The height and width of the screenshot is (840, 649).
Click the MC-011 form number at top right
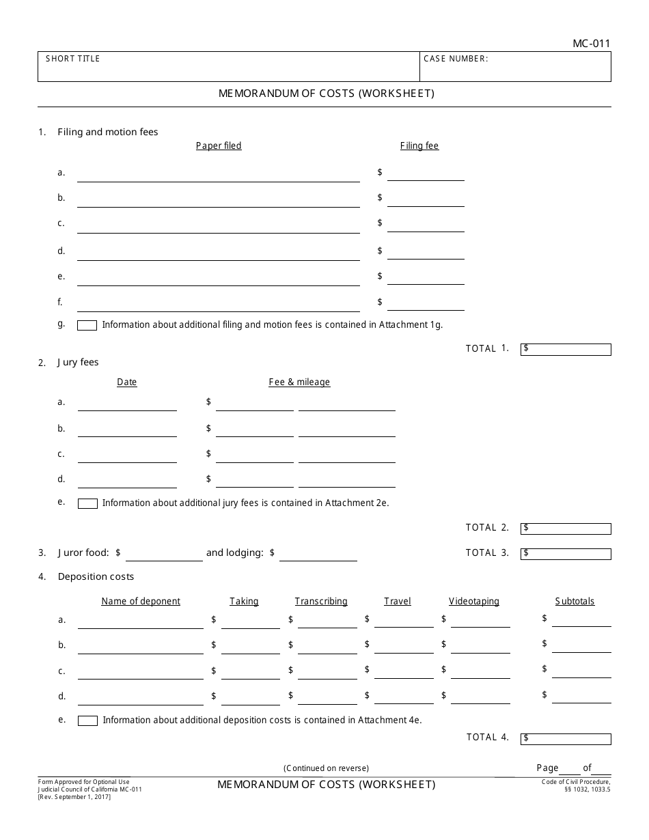point(591,44)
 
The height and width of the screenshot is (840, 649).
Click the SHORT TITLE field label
point(72,59)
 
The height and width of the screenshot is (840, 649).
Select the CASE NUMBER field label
point(456,59)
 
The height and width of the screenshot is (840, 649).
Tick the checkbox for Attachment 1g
point(87,326)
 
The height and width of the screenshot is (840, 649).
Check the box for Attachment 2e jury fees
point(87,504)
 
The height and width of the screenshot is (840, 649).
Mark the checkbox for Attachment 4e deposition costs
point(87,720)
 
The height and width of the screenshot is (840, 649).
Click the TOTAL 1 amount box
point(566,350)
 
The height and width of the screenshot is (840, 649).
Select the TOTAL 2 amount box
point(566,529)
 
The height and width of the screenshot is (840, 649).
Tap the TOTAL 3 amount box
point(566,553)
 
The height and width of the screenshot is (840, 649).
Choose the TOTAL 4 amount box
point(566,739)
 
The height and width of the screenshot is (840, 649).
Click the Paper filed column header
point(219,146)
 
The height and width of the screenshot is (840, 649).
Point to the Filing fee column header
point(419,146)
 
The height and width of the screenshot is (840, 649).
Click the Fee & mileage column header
point(299,382)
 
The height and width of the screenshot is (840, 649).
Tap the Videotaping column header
point(474,602)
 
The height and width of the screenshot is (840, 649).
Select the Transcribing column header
point(321,602)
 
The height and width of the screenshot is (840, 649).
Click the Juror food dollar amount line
point(164,555)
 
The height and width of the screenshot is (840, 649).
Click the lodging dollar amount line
point(318,555)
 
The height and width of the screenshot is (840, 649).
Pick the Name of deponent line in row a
point(140,621)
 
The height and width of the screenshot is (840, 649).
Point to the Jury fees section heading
point(78,363)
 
